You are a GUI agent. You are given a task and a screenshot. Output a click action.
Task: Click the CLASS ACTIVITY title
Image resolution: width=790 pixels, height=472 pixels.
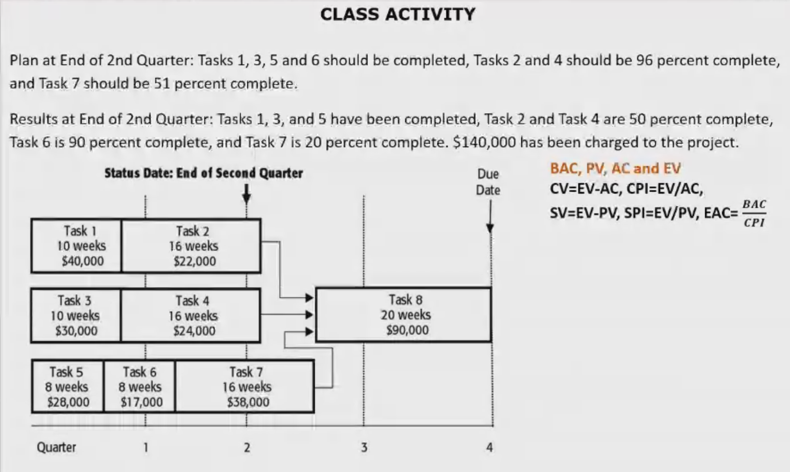pos(398,14)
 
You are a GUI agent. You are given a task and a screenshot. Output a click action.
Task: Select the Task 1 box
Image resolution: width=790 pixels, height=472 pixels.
pos(77,246)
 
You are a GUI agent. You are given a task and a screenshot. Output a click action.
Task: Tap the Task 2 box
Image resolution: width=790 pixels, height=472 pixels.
pos(192,246)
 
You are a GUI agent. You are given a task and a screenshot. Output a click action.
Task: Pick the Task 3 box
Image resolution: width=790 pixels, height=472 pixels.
pos(76,315)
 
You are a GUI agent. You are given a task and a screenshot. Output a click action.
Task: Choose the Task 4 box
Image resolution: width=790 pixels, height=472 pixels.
pos(191,315)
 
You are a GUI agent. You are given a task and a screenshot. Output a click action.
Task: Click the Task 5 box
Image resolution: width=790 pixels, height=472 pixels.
pos(67,387)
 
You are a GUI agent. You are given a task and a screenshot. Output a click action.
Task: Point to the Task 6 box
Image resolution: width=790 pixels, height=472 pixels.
pos(140,387)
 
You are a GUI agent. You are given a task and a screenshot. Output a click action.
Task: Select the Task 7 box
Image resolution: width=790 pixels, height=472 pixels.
pos(245,387)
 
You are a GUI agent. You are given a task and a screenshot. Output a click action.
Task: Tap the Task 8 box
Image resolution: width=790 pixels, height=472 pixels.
pos(404,315)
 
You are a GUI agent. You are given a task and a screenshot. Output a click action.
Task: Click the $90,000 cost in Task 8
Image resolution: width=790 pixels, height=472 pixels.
pos(407,330)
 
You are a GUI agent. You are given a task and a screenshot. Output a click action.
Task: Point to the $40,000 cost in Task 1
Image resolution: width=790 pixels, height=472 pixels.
pos(82,261)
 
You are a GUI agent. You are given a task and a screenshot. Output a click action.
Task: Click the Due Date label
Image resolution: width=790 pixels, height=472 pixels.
pos(488,182)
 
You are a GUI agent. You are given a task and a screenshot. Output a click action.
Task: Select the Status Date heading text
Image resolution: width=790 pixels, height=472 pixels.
pos(203,173)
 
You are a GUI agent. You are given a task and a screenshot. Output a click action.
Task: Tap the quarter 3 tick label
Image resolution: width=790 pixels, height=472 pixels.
pos(364,448)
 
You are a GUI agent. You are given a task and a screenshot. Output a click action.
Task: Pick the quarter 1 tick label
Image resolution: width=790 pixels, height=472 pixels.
pos(146,448)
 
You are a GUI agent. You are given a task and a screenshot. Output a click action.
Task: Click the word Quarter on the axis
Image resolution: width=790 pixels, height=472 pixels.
pos(56,447)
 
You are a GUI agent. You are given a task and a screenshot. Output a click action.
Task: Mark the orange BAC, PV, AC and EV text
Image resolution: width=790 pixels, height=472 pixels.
pos(615,169)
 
